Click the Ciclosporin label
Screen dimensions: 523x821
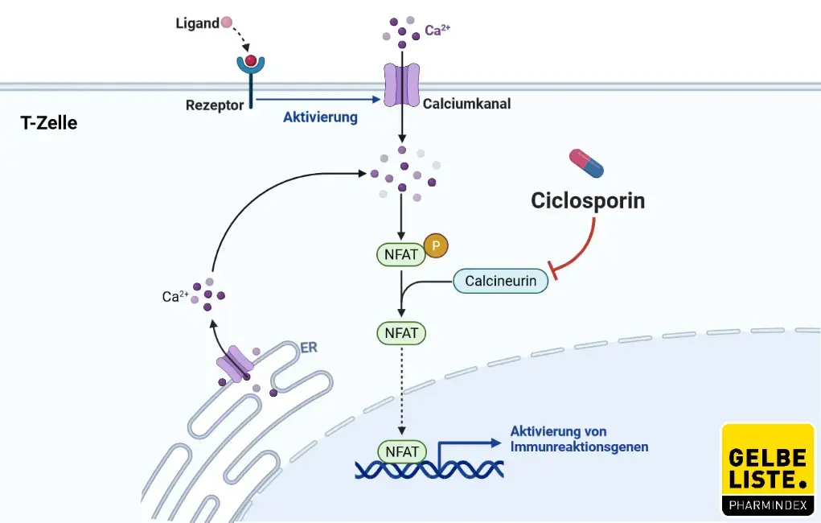[588, 200]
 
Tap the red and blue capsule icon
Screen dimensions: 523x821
[586, 163]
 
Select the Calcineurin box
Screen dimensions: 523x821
[501, 280]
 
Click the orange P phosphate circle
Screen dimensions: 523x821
[435, 245]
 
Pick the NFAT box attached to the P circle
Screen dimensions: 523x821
[400, 255]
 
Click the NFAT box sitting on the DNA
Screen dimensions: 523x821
[402, 451]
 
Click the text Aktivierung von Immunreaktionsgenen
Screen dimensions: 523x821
[579, 439]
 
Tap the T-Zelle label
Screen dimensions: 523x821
[49, 124]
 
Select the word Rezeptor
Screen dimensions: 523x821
[214, 105]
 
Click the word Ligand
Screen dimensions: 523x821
[197, 23]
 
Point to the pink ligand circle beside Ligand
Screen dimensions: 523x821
[227, 23]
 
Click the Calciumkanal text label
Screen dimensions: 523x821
[466, 104]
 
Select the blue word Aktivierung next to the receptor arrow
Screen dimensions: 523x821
[320, 117]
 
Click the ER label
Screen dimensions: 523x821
[308, 348]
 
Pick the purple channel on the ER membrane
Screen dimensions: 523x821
[236, 364]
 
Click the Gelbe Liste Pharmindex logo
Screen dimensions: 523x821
[767, 470]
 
